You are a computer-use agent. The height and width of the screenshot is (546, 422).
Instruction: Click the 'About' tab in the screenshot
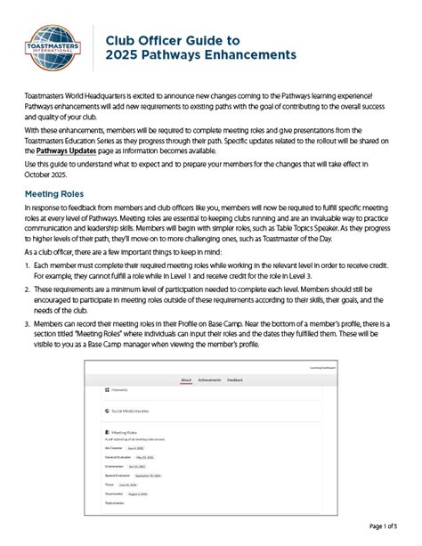pyautogui.click(x=186, y=379)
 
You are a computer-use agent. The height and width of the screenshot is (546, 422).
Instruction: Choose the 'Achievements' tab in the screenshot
pyautogui.click(x=210, y=379)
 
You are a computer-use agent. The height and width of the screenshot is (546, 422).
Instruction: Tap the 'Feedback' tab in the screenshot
pyautogui.click(x=235, y=379)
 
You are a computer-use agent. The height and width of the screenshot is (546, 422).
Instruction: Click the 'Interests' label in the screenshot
pyautogui.click(x=119, y=389)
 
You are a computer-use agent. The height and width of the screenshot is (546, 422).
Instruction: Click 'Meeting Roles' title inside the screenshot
pyautogui.click(x=124, y=431)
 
